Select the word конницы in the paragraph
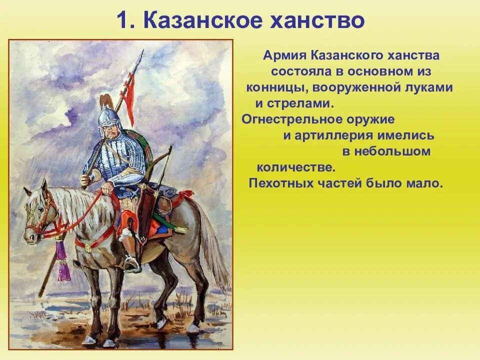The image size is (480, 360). click(272, 88)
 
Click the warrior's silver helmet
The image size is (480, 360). click(109, 116)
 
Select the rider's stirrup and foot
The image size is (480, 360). click(131, 263)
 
